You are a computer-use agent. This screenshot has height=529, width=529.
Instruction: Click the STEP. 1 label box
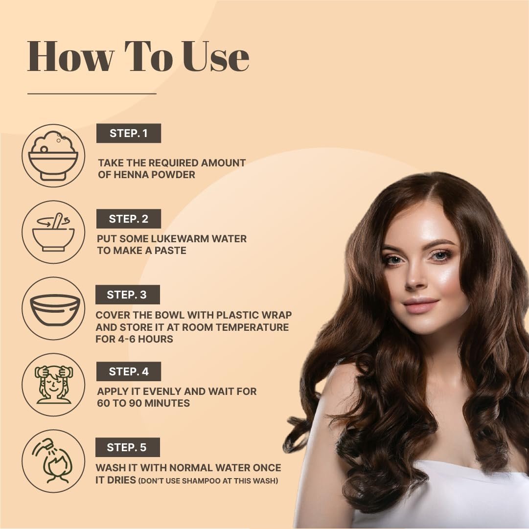coord(129,133)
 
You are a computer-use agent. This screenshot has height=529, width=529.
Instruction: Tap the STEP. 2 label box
coord(129,219)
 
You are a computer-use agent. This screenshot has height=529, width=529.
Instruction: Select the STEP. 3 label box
coord(128,295)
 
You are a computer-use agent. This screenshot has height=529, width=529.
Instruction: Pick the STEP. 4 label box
coord(129,371)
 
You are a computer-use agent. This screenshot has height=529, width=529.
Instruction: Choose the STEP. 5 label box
coord(128,447)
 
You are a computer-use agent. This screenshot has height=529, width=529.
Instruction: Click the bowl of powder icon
coord(53,156)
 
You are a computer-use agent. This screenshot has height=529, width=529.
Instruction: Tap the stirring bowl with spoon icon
coord(53,232)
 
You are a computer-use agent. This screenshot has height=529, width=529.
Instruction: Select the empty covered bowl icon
coord(55,309)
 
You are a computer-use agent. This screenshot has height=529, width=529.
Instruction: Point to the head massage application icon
coord(54,385)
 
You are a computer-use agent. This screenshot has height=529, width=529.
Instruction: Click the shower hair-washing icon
coord(53,461)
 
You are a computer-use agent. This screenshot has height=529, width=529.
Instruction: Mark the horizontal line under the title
coord(92,93)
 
